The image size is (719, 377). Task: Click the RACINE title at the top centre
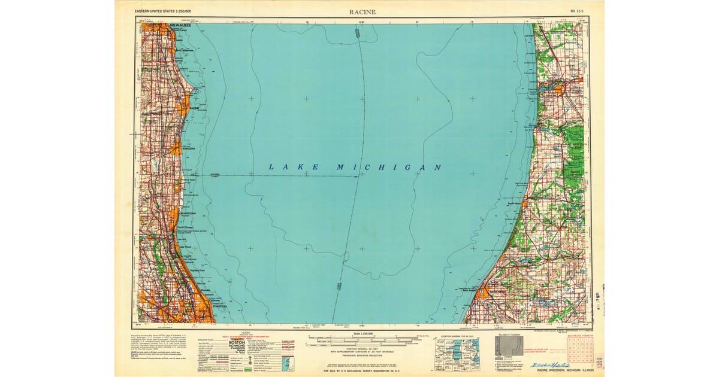[362, 11]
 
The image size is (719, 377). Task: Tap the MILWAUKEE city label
[180, 25]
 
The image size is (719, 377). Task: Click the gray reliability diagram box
[506, 347]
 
